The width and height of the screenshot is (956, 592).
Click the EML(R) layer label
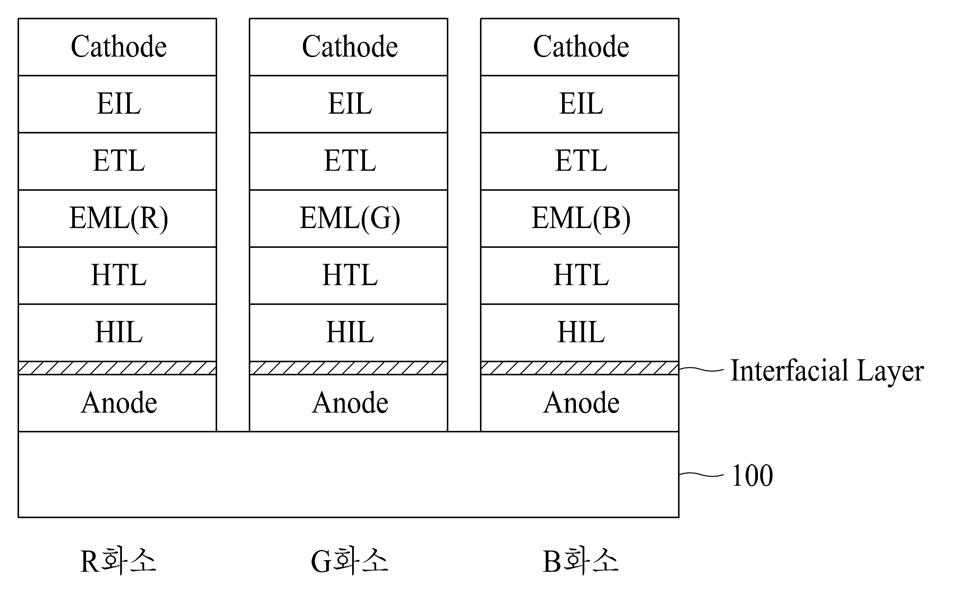119,218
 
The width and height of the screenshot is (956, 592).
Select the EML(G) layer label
350,218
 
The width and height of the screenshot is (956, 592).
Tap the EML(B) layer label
581,218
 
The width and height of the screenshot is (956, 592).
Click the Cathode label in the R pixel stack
119,46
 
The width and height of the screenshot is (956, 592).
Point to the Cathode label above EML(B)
581,46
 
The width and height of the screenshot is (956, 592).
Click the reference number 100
752,476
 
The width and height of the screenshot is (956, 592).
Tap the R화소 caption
118,561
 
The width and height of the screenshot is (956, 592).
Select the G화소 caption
349,561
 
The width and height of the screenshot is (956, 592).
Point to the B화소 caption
581,561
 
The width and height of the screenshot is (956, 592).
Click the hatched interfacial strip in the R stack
117,368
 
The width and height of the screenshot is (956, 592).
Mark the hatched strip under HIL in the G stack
348,368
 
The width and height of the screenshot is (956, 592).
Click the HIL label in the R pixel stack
119,332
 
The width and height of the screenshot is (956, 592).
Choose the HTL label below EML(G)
350,275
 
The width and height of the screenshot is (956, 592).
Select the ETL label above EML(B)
581,161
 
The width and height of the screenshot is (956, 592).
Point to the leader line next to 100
701,475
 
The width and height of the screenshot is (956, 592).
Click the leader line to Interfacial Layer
701,369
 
